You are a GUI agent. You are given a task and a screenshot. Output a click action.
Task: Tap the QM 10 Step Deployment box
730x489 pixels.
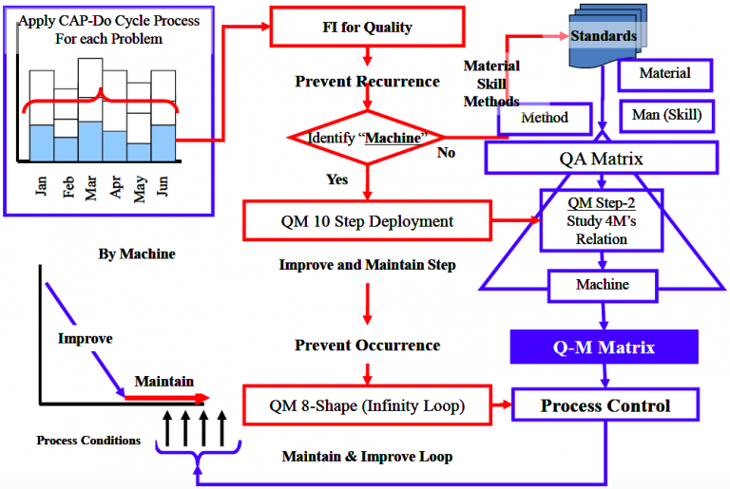[x=366, y=221]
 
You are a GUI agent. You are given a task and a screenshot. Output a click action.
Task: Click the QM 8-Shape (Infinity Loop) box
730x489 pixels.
[x=366, y=406]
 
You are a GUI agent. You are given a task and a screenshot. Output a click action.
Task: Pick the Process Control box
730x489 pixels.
[x=605, y=406]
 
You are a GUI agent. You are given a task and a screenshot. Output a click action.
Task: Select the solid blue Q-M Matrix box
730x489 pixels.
[x=605, y=348]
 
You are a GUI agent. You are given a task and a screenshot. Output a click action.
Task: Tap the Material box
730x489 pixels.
[x=664, y=74]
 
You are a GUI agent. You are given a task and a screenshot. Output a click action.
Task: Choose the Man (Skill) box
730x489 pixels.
[x=665, y=116]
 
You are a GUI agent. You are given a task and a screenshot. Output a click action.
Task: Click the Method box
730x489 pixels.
[x=545, y=118]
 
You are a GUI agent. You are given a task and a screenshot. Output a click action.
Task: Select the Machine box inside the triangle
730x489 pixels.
[x=602, y=284]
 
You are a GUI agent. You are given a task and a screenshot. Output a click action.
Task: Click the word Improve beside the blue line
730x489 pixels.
[x=85, y=339]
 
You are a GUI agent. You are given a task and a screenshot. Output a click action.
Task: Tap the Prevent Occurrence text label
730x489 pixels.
[x=367, y=346]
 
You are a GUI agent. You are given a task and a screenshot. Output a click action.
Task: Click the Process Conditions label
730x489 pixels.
[x=88, y=441]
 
